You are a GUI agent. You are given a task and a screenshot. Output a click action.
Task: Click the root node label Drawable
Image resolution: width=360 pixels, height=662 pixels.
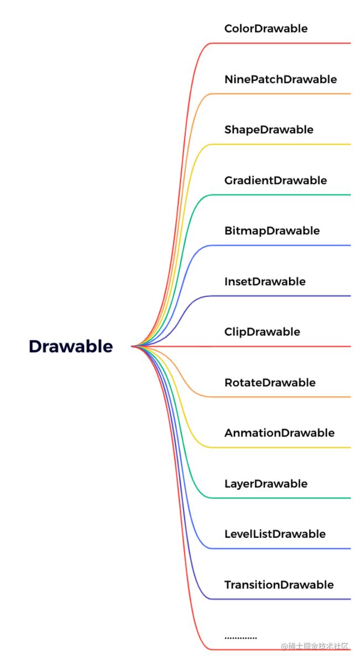[x=71, y=347]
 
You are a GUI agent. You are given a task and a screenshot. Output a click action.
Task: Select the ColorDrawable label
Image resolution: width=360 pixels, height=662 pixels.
[x=266, y=29]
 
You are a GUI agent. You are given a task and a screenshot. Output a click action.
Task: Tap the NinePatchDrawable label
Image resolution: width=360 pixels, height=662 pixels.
[x=281, y=79]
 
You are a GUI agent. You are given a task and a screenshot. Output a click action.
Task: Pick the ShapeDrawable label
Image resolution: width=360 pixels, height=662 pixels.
[x=269, y=130]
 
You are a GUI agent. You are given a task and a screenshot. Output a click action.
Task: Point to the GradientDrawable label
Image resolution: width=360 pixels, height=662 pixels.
[x=276, y=180]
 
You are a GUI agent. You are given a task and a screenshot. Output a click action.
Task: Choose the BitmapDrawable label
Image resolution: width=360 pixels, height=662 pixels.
[x=272, y=231]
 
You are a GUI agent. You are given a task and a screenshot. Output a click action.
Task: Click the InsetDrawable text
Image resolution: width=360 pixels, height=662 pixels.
[x=265, y=281]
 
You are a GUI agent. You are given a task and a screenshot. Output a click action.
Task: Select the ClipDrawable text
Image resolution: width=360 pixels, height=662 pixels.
[x=262, y=332]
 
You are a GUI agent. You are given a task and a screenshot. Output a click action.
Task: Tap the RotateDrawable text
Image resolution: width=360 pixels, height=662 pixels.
[x=270, y=382]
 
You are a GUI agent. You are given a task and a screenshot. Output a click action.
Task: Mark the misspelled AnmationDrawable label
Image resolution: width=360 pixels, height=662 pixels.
[x=279, y=433]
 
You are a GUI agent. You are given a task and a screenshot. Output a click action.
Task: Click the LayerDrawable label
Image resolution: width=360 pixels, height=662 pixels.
[x=266, y=484]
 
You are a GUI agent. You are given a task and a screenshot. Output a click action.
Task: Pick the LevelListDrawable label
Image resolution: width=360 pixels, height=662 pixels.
[x=275, y=534]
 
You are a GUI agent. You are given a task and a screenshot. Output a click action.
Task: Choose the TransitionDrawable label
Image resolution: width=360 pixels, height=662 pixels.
[x=279, y=585]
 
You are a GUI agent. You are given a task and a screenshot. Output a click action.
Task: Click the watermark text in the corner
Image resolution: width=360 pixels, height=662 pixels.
[x=315, y=646]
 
